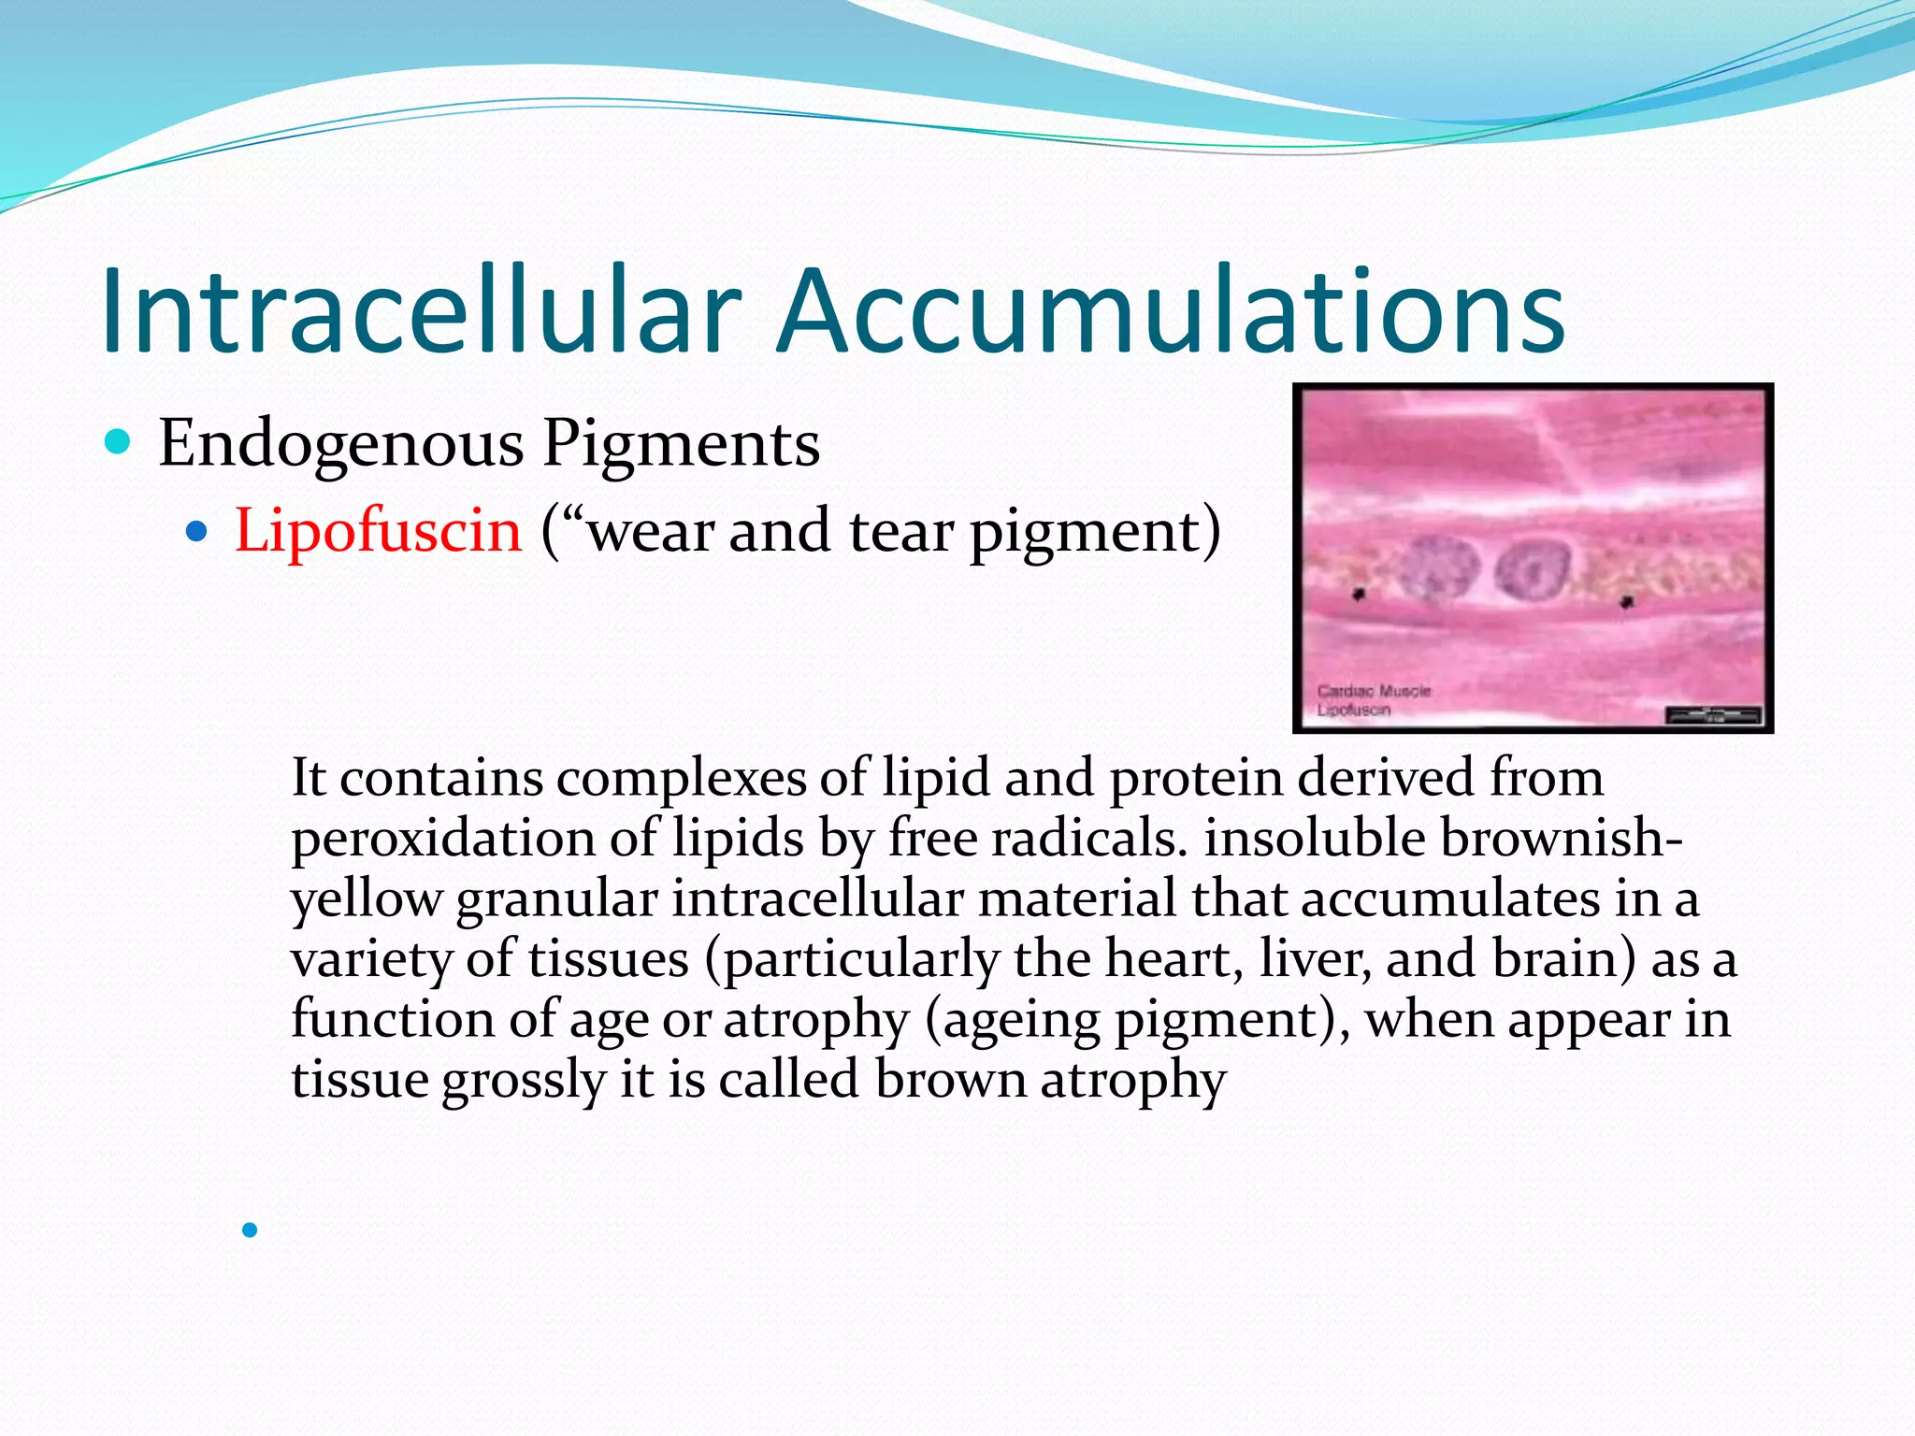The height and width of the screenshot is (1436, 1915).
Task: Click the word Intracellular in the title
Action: pyautogui.click(x=421, y=311)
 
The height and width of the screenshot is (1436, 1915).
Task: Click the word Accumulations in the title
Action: pyautogui.click(x=1171, y=311)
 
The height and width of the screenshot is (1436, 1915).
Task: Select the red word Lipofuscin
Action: pyautogui.click(x=377, y=531)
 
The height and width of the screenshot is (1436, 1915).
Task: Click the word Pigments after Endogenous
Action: pyautogui.click(x=682, y=443)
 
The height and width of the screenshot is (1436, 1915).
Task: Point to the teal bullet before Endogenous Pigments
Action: pyautogui.click(x=118, y=441)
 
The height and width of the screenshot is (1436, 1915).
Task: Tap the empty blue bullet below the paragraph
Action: pyautogui.click(x=249, y=1230)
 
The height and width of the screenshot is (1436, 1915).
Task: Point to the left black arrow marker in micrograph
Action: pyautogui.click(x=1360, y=594)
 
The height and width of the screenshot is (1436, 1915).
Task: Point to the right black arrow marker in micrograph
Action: pyautogui.click(x=1627, y=602)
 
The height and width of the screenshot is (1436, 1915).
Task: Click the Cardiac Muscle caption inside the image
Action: pyautogui.click(x=1373, y=691)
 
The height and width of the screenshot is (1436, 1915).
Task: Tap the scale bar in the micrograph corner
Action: pyautogui.click(x=1713, y=717)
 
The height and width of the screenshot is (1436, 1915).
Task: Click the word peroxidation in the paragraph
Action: pyautogui.click(x=442, y=840)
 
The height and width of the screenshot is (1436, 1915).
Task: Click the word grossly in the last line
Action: pyautogui.click(x=524, y=1081)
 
